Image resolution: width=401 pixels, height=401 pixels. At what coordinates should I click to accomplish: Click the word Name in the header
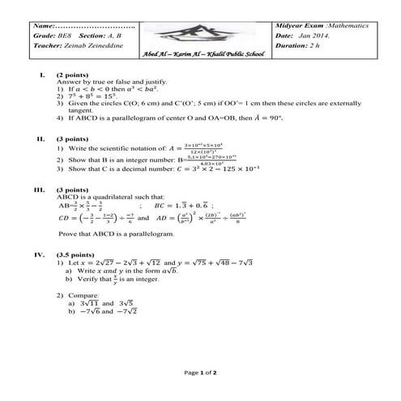(43, 26)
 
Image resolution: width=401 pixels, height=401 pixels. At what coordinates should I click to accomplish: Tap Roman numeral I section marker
(40, 75)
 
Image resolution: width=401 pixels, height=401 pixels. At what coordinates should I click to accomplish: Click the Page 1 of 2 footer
(200, 373)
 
